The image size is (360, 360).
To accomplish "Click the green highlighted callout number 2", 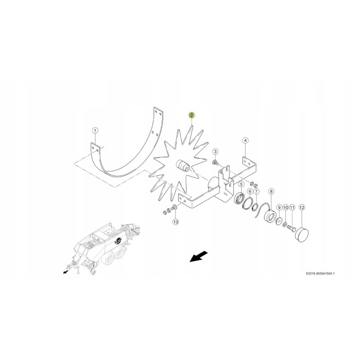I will point(192,115).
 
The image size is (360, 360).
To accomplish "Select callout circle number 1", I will point(95,130).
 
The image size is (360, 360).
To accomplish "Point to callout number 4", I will point(245,140).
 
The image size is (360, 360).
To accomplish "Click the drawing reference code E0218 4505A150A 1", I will point(320,273).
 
